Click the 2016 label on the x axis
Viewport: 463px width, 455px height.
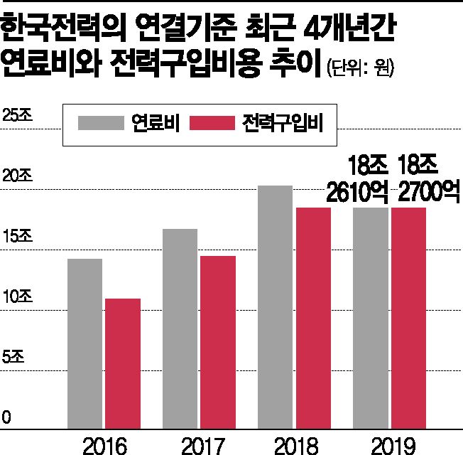pyautogui.click(x=104, y=445)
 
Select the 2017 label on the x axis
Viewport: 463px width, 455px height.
pyautogui.click(x=200, y=445)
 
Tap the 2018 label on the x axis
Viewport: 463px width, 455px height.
pyautogui.click(x=295, y=445)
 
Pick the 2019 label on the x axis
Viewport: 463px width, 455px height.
pyautogui.click(x=390, y=445)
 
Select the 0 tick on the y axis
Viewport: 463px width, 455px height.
pyautogui.click(x=6, y=417)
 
